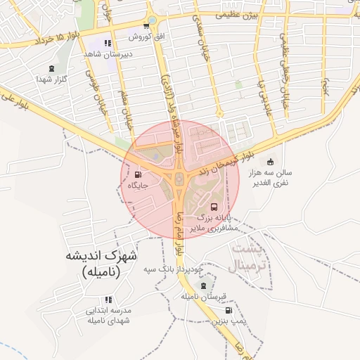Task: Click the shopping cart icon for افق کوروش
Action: [146, 26]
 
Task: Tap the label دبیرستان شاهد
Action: [104, 53]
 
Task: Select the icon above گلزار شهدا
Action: [50, 69]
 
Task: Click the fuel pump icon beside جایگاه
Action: [136, 175]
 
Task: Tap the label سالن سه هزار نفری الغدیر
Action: [278, 177]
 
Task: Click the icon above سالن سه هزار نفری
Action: [269, 162]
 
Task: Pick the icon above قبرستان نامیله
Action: [203, 286]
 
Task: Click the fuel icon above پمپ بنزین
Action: [229, 310]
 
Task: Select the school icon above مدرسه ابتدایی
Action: [108, 300]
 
